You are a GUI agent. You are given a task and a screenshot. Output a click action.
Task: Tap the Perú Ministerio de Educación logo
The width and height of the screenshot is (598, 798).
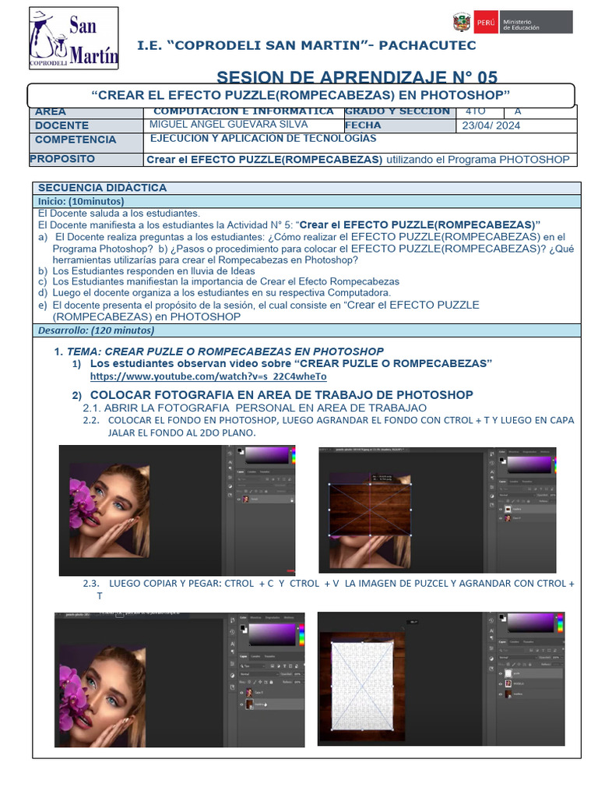[x=512, y=22]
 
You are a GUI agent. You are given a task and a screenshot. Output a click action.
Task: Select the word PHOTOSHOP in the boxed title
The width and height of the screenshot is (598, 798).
[x=466, y=95]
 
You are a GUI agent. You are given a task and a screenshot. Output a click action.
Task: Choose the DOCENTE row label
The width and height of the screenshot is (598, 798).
[x=62, y=125]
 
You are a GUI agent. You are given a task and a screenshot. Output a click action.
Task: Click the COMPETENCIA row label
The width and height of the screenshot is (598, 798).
[x=76, y=139]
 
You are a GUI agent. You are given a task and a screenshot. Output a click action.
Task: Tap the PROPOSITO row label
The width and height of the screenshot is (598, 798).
[x=62, y=159]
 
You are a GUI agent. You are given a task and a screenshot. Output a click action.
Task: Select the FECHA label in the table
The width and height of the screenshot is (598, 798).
[x=363, y=125]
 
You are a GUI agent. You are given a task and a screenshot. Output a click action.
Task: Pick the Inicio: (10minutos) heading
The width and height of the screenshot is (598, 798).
[x=75, y=201]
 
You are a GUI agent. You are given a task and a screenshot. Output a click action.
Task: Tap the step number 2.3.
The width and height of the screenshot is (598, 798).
[x=92, y=583]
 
